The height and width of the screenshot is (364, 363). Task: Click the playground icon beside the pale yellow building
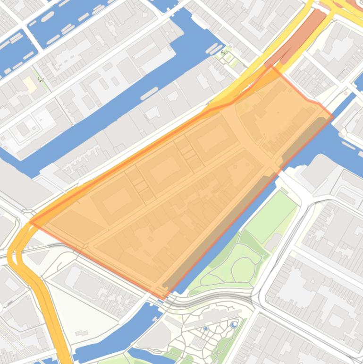click(x=41, y=79)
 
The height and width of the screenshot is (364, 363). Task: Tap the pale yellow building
click(x=30, y=85)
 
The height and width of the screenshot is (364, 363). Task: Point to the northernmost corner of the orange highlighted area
click(x=271, y=67)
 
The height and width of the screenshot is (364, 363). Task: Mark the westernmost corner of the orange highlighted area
click(x=31, y=221)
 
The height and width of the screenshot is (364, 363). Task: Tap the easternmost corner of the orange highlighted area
click(x=333, y=116)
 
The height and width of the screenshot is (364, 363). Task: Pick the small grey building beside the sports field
click(x=273, y=242)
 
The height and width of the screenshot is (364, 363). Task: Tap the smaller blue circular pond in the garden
click(x=206, y=328)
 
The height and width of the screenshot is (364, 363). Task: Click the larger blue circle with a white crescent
click(x=235, y=324)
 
